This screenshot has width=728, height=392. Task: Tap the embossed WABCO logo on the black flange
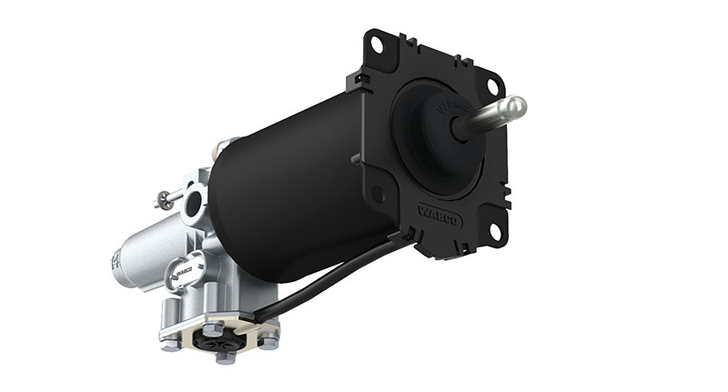440,217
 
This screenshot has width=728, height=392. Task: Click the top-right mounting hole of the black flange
492,85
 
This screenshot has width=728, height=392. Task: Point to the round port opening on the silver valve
194,206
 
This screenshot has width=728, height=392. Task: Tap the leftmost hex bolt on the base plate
170,344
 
